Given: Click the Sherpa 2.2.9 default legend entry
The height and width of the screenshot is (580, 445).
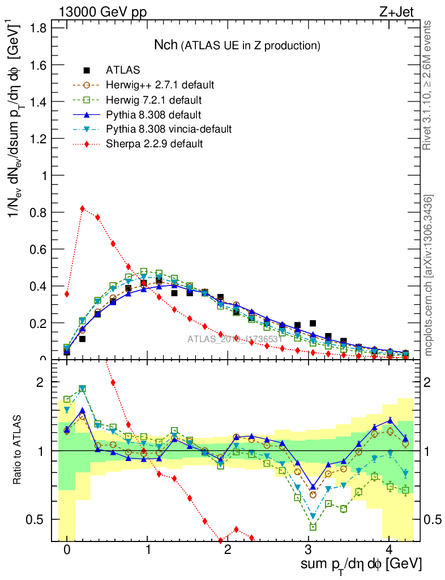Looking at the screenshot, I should coord(154,144).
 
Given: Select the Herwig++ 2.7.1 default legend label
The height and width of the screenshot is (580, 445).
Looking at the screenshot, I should coord(160,86).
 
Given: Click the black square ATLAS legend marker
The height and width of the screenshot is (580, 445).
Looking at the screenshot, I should coord(87,71).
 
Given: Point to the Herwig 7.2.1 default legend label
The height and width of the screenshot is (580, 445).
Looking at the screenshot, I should coord(155,100).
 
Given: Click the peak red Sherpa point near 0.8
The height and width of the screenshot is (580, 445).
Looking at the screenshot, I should coord(83,208).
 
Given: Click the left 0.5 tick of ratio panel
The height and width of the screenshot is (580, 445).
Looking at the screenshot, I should coord(40,519).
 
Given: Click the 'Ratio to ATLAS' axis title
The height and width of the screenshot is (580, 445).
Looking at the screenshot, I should coord(18,450).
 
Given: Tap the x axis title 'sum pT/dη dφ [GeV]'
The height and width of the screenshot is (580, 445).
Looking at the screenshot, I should coord(362,565).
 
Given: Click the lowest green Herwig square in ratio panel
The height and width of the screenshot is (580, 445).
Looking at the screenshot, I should coord(313,527).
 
